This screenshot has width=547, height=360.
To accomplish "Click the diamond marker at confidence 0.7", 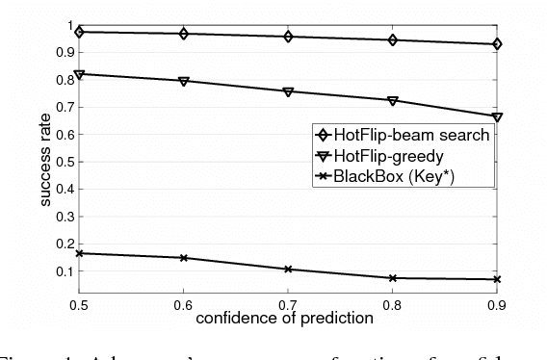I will pos(288,37).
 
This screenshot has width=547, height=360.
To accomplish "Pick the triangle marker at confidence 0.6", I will pos(184,81).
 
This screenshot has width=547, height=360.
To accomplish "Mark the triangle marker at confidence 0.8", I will pos(392,100).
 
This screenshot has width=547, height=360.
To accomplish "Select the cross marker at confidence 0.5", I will pos(80,253).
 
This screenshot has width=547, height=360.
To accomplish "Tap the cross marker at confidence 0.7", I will pos(288,270).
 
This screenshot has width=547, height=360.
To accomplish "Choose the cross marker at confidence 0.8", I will pos(392,278).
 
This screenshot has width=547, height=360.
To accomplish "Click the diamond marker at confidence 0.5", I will pos(80,32).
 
